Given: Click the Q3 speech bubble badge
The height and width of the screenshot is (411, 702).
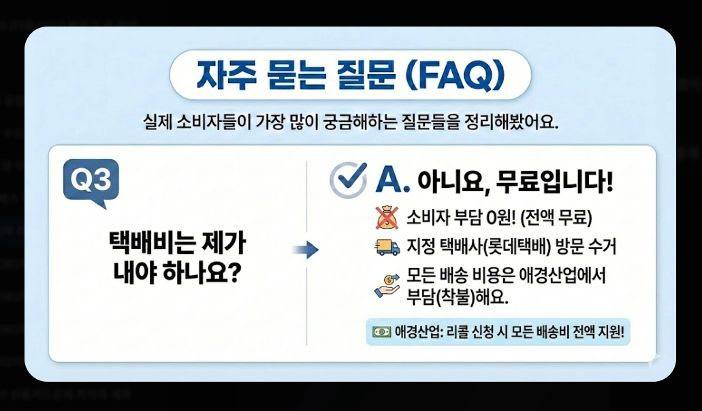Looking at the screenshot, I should [x=91, y=182].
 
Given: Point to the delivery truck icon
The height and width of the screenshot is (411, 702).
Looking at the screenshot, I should [x=386, y=248].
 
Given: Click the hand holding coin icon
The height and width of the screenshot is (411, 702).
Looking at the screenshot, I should [x=386, y=284].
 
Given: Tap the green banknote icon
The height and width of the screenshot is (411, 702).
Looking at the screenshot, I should [x=381, y=333].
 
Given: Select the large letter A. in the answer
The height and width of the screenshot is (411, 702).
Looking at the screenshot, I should [x=393, y=180].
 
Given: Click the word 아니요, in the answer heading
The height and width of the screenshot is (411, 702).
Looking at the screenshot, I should [x=453, y=182].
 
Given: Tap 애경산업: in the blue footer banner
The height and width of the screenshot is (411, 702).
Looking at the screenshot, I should [x=418, y=333].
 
